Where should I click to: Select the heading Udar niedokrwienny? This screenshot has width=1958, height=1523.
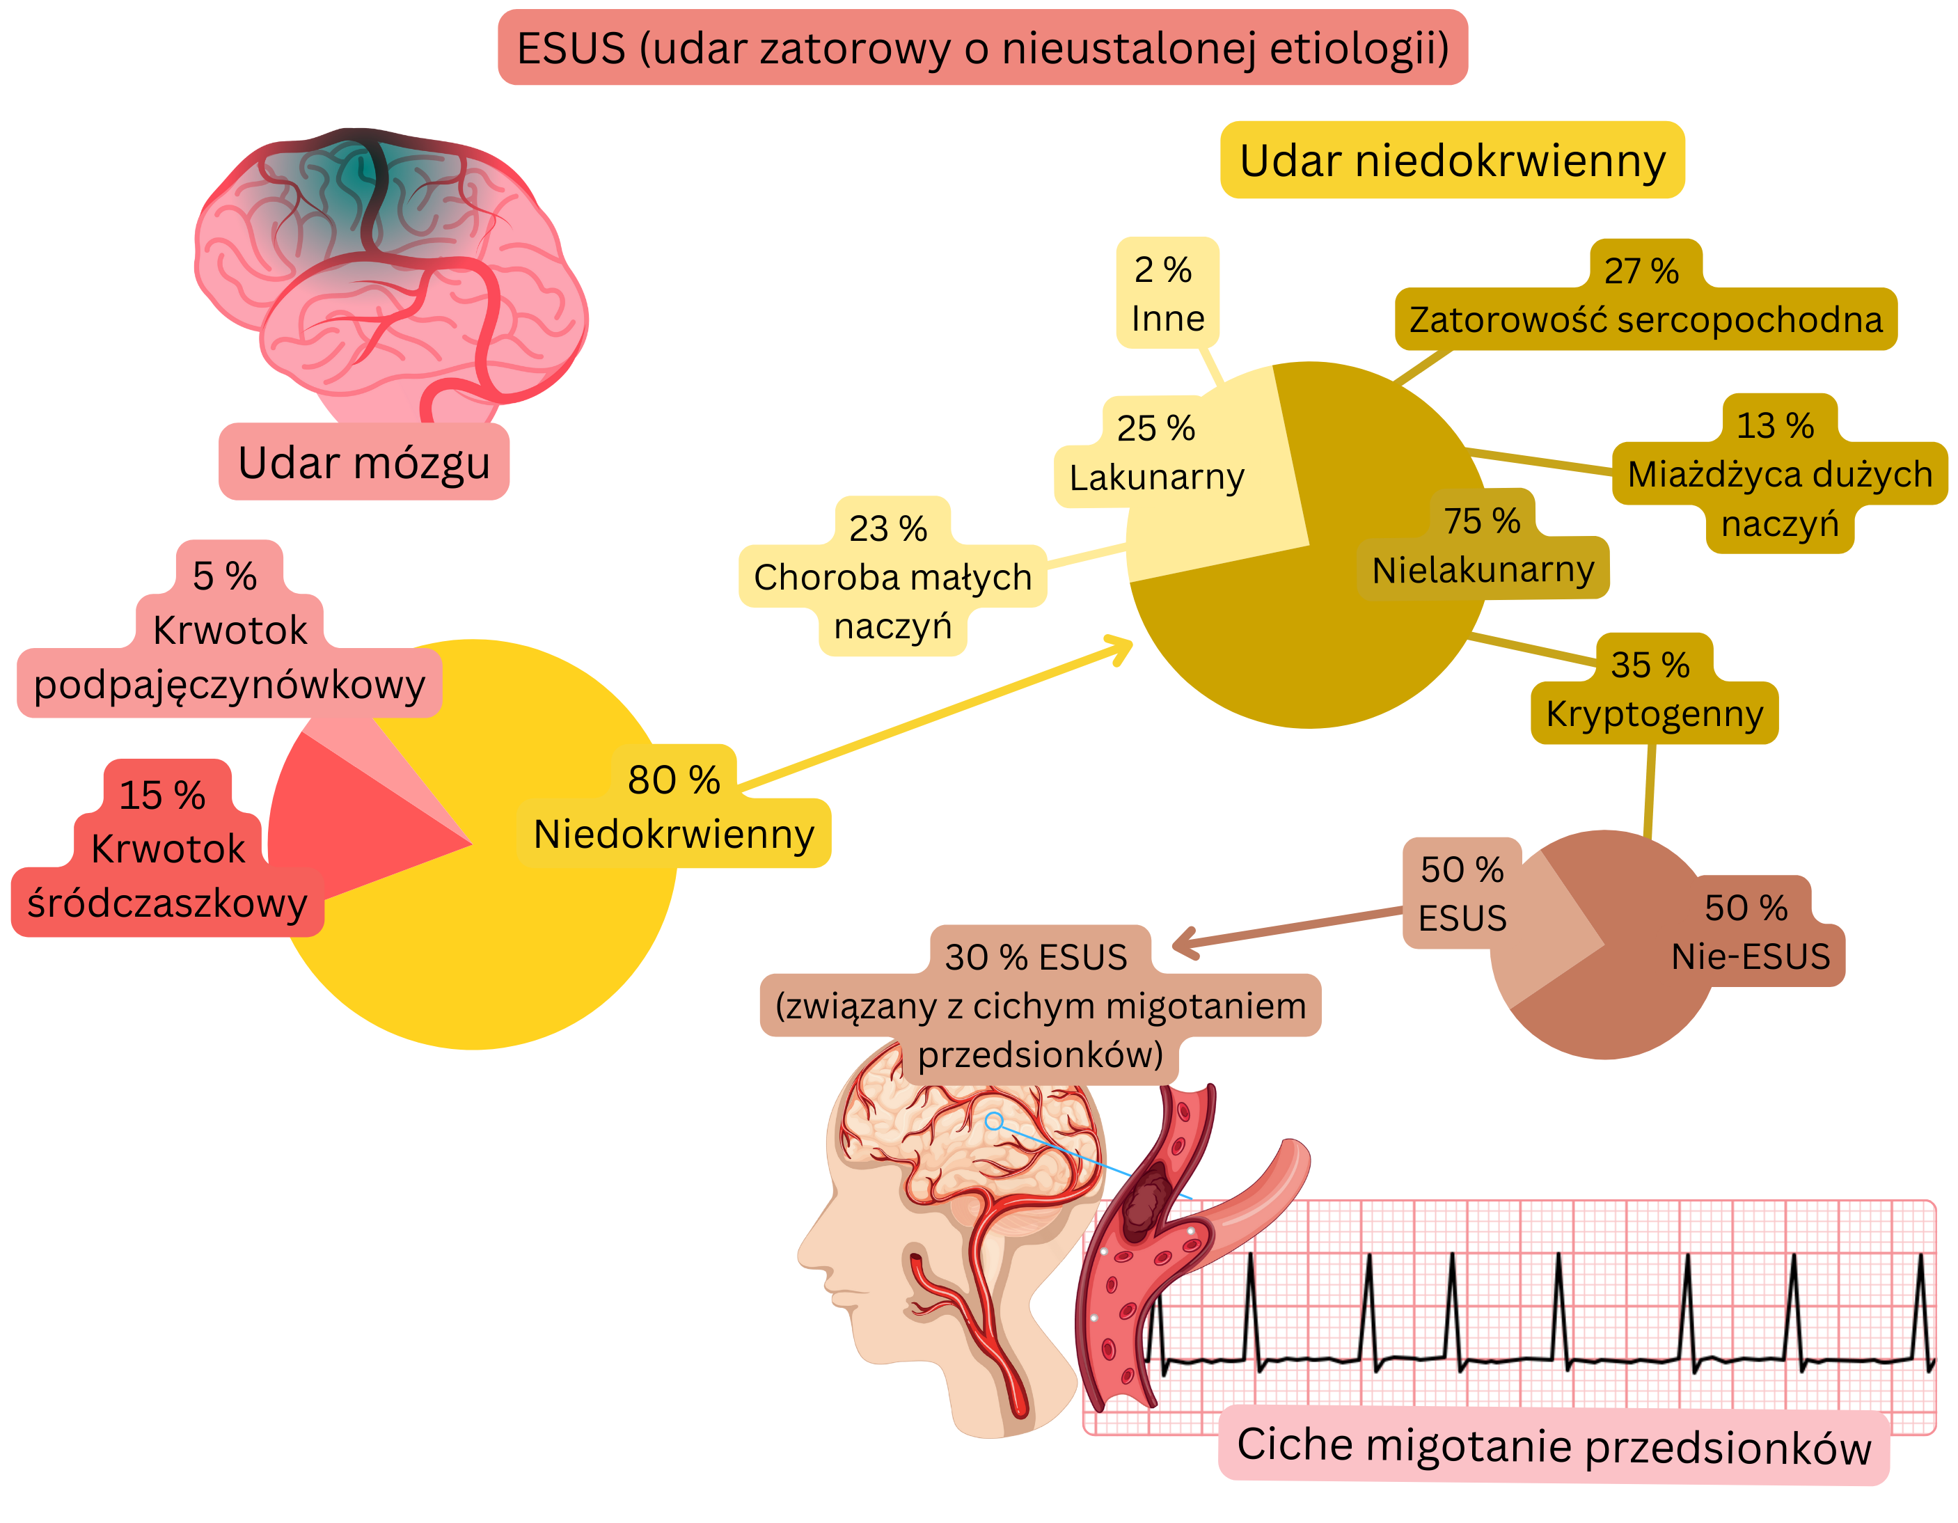pyautogui.click(x=1453, y=161)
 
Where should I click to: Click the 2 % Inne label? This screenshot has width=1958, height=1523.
pyautogui.click(x=1167, y=294)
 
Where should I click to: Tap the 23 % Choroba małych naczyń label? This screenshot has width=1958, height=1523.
pyautogui.click(x=892, y=577)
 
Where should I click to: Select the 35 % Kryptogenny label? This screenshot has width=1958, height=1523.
pyautogui.click(x=1654, y=691)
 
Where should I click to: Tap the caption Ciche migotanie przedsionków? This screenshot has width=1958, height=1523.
pyautogui.click(x=1554, y=1445)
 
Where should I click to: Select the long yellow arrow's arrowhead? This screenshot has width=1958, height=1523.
pyautogui.click(x=1123, y=647)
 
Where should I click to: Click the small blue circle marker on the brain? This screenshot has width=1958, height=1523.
pyautogui.click(x=993, y=1121)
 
